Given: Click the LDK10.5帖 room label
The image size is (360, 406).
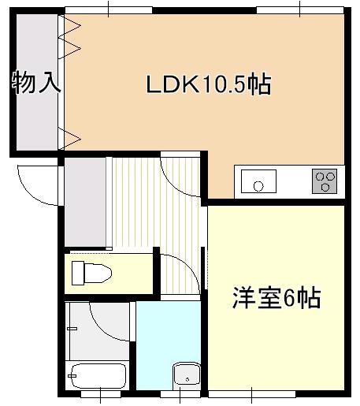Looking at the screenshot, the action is coord(209,84).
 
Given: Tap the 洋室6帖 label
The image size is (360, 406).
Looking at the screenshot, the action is coord(276,298).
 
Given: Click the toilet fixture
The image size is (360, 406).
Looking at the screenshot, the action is coord(91,273).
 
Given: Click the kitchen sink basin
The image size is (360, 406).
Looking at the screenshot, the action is coord(258,181).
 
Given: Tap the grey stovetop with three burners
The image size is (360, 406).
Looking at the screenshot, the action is coord(325,181).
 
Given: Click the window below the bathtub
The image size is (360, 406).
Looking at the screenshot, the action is coord(101,394).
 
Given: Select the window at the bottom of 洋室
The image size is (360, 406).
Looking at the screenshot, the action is coord(252,394).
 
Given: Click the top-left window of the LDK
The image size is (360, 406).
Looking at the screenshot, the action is coord(109,10).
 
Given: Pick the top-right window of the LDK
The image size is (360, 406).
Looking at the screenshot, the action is coord(300,10).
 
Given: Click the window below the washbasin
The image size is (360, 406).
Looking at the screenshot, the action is coord(180,394).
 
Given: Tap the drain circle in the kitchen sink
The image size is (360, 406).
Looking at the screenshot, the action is coord(258,186).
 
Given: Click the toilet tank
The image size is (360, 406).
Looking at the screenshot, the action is coord(78,273).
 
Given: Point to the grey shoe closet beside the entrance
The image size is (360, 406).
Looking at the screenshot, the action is coord(85,202).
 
